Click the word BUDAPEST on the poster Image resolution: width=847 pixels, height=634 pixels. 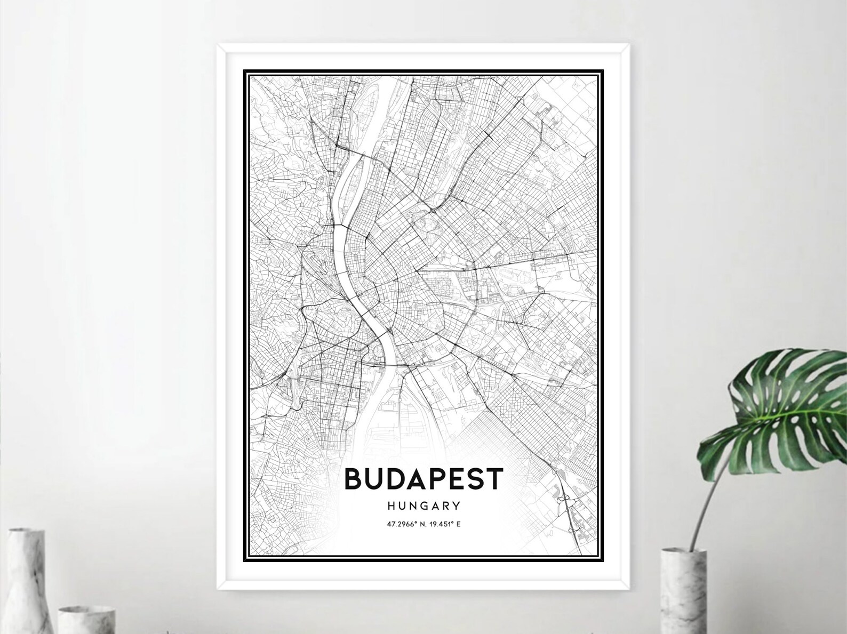423,479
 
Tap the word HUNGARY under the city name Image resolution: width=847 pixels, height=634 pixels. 424,505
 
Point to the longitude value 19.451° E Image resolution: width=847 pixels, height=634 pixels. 444,525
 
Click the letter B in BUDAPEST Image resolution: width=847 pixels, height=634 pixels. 354,479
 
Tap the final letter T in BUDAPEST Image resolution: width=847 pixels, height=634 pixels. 494,479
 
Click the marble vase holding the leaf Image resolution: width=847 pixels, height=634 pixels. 683,592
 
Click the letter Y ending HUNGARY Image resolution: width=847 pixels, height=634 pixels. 457,505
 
